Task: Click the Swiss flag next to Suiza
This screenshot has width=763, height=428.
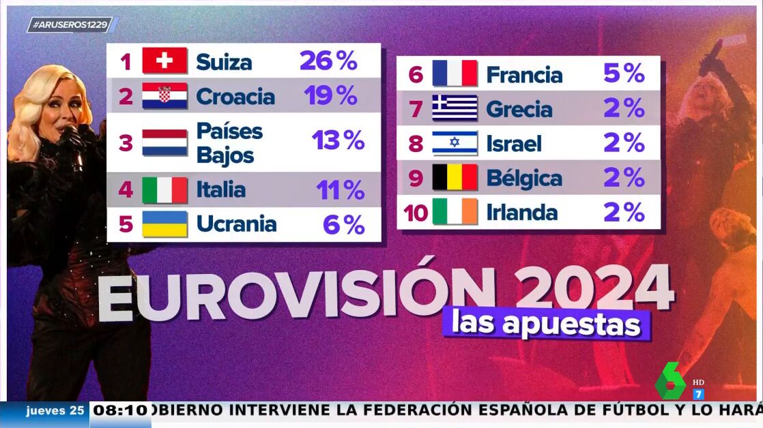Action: click(164, 61)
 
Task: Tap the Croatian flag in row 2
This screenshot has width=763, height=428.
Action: click(164, 96)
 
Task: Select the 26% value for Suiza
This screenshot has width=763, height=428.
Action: click(328, 61)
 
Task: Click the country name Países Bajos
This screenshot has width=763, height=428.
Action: click(229, 143)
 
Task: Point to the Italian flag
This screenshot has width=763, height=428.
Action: click(164, 190)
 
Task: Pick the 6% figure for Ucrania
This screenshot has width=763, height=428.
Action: click(343, 224)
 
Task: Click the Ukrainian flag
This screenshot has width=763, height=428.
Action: click(164, 224)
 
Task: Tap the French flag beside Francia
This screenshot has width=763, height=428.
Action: click(455, 74)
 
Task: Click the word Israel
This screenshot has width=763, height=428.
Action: click(514, 143)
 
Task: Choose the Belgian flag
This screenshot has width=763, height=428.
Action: click(455, 178)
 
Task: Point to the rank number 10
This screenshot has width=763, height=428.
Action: click(415, 213)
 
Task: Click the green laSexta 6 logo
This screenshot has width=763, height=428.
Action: click(671, 381)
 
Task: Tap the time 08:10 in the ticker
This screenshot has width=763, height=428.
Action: click(119, 410)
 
